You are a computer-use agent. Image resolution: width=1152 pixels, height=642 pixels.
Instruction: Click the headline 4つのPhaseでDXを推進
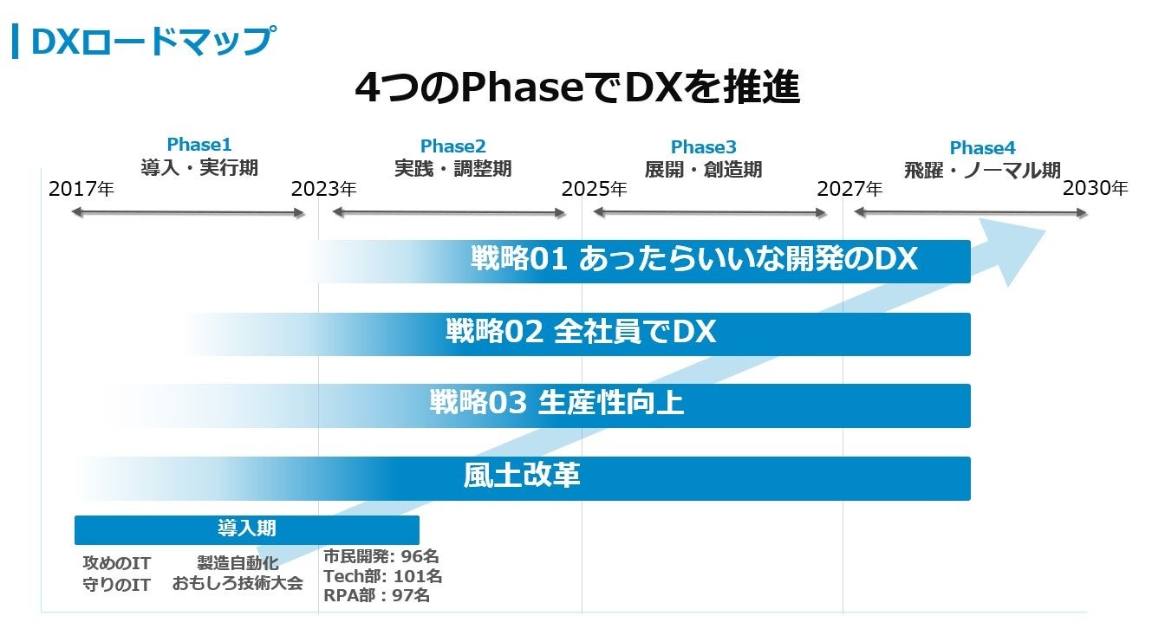[576, 88]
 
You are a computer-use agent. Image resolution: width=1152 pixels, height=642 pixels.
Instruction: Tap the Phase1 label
[199, 145]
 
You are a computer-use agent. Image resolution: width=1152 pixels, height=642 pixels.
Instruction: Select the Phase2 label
[452, 146]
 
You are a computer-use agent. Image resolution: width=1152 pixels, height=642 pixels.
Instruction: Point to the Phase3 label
[703, 147]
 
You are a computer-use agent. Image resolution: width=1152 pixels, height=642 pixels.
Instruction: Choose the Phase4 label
[982, 147]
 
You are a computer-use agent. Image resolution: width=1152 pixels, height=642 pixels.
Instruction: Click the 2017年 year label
[81, 189]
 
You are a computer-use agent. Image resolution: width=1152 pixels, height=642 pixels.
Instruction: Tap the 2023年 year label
[323, 189]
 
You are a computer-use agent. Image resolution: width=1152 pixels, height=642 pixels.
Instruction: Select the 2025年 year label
[594, 189]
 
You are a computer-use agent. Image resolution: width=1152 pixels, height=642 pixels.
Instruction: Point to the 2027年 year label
[849, 189]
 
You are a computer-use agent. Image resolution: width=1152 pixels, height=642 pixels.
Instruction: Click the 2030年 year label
[1096, 188]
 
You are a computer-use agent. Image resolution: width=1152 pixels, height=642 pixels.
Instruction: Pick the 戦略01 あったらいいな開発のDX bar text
[693, 259]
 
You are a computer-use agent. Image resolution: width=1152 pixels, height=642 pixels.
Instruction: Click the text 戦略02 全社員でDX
[581, 332]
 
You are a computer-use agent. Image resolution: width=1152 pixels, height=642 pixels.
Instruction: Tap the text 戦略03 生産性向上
[556, 403]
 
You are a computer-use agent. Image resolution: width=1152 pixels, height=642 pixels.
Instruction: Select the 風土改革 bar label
[522, 476]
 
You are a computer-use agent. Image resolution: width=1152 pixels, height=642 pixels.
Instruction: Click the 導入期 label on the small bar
[247, 528]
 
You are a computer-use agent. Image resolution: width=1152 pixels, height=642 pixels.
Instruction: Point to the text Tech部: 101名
[382, 576]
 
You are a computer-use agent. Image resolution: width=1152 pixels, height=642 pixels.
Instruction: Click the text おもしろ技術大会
[238, 583]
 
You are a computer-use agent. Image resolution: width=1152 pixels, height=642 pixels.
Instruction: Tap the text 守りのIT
[116, 585]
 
